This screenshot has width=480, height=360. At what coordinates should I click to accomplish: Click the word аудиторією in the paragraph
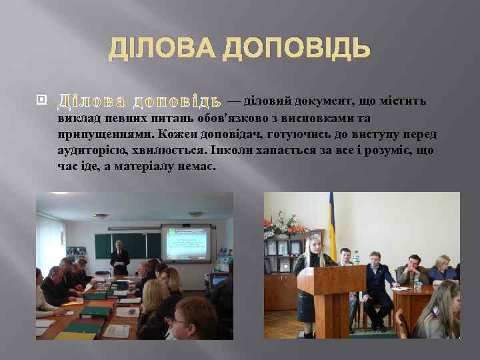coord(90,151)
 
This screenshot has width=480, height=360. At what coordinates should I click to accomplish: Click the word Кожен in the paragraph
coord(177,135)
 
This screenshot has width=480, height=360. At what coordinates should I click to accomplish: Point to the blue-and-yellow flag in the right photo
coord(331,220)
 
